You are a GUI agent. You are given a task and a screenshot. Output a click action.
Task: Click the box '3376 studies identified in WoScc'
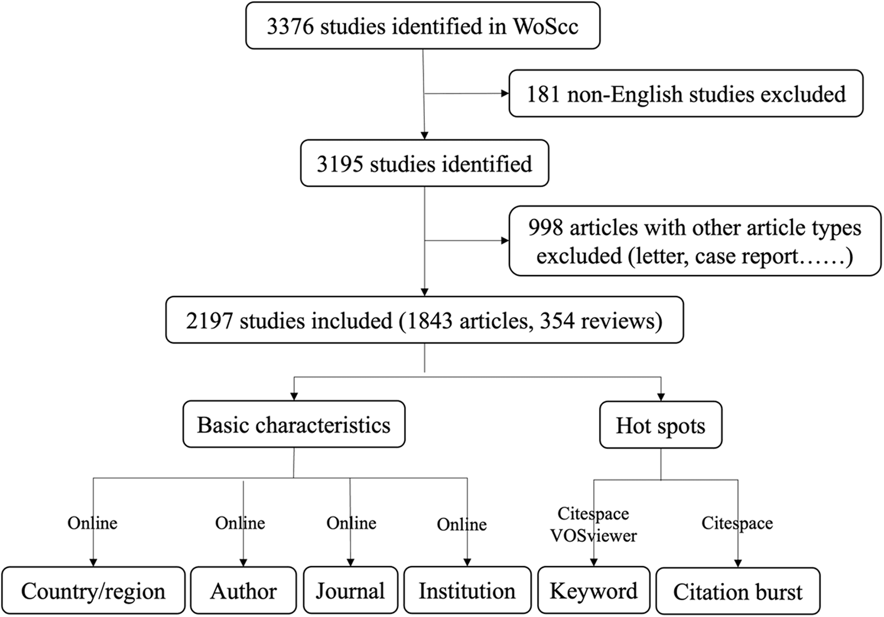(x=423, y=25)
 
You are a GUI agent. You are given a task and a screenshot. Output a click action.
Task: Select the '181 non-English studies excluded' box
(x=686, y=93)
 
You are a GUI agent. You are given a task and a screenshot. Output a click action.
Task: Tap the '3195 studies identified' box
(x=425, y=163)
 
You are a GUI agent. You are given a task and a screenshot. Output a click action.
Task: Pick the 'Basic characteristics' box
(x=294, y=424)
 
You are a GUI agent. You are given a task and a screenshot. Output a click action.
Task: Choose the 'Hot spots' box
(x=661, y=425)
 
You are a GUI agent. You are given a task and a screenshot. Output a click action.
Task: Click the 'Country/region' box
(x=93, y=590)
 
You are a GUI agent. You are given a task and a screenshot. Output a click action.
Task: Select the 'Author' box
(x=244, y=590)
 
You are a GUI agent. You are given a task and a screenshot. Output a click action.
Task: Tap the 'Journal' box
(x=350, y=590)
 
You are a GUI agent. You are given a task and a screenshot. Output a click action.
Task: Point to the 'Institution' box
(x=467, y=590)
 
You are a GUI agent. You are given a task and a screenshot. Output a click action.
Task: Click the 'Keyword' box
(x=593, y=590)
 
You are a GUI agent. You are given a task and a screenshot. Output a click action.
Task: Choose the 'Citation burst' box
(x=738, y=592)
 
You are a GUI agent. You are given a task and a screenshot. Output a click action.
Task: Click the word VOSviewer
(x=593, y=535)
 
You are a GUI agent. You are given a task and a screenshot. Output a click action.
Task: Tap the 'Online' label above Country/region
(x=92, y=523)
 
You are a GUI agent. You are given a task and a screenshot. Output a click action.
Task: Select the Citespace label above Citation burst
(x=737, y=523)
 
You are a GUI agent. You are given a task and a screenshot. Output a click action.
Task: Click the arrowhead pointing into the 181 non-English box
(x=505, y=93)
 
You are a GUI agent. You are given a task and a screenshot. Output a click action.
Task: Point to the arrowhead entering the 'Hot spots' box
(x=661, y=397)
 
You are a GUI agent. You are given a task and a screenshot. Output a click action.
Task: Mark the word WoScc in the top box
(x=546, y=26)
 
